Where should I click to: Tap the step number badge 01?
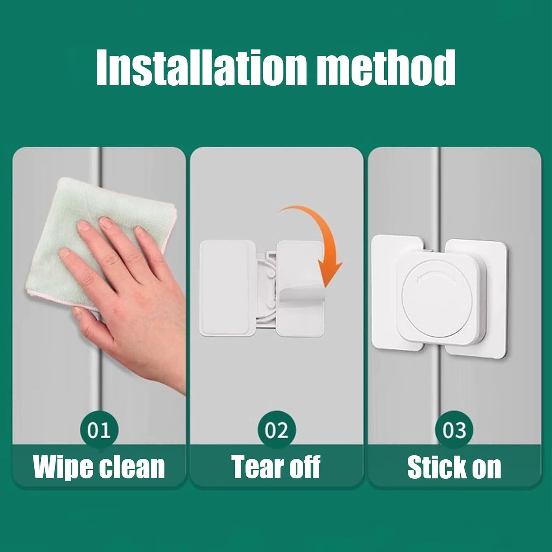pos(99,430)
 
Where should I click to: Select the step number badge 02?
pos(277,430)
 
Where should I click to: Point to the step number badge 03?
pos(454,430)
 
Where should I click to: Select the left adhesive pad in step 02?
pos(224,287)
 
